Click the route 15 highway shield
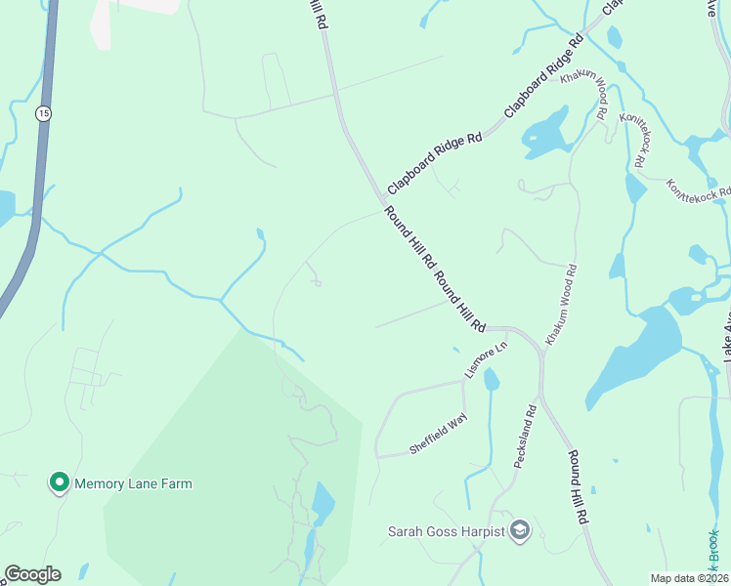point(43,114)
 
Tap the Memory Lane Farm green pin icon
point(59,482)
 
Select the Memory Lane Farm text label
point(133,483)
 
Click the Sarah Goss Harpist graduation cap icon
point(521,530)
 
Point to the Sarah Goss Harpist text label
point(446,531)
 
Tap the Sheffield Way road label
point(438,433)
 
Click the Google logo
point(32,574)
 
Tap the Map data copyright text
point(690,578)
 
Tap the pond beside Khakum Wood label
point(544,132)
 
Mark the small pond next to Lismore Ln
point(492,378)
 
